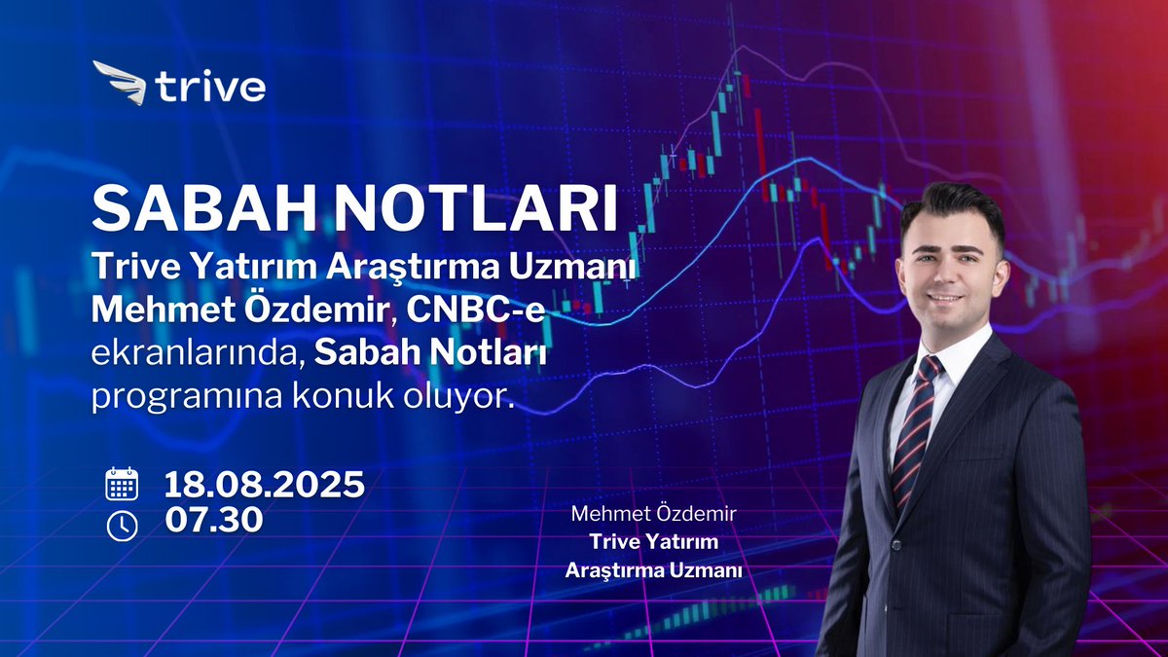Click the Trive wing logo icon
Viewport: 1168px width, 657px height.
pyautogui.click(x=118, y=82)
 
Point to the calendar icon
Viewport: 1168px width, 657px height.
pyautogui.click(x=122, y=484)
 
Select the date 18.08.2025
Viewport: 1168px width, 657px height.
pyautogui.click(x=265, y=484)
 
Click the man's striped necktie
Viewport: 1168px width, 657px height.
pyautogui.click(x=916, y=428)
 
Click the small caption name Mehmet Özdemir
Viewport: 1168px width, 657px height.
pyautogui.click(x=653, y=513)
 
